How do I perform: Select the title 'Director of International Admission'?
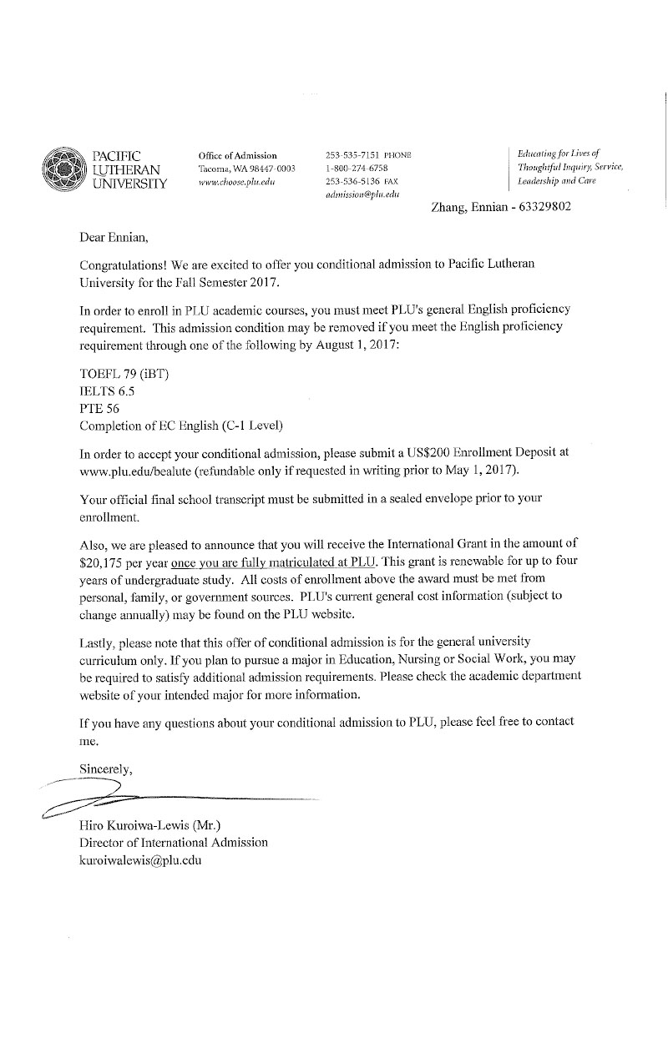coord(173,842)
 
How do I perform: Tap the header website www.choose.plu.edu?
coord(237,181)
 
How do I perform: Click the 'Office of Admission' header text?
coord(237,155)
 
